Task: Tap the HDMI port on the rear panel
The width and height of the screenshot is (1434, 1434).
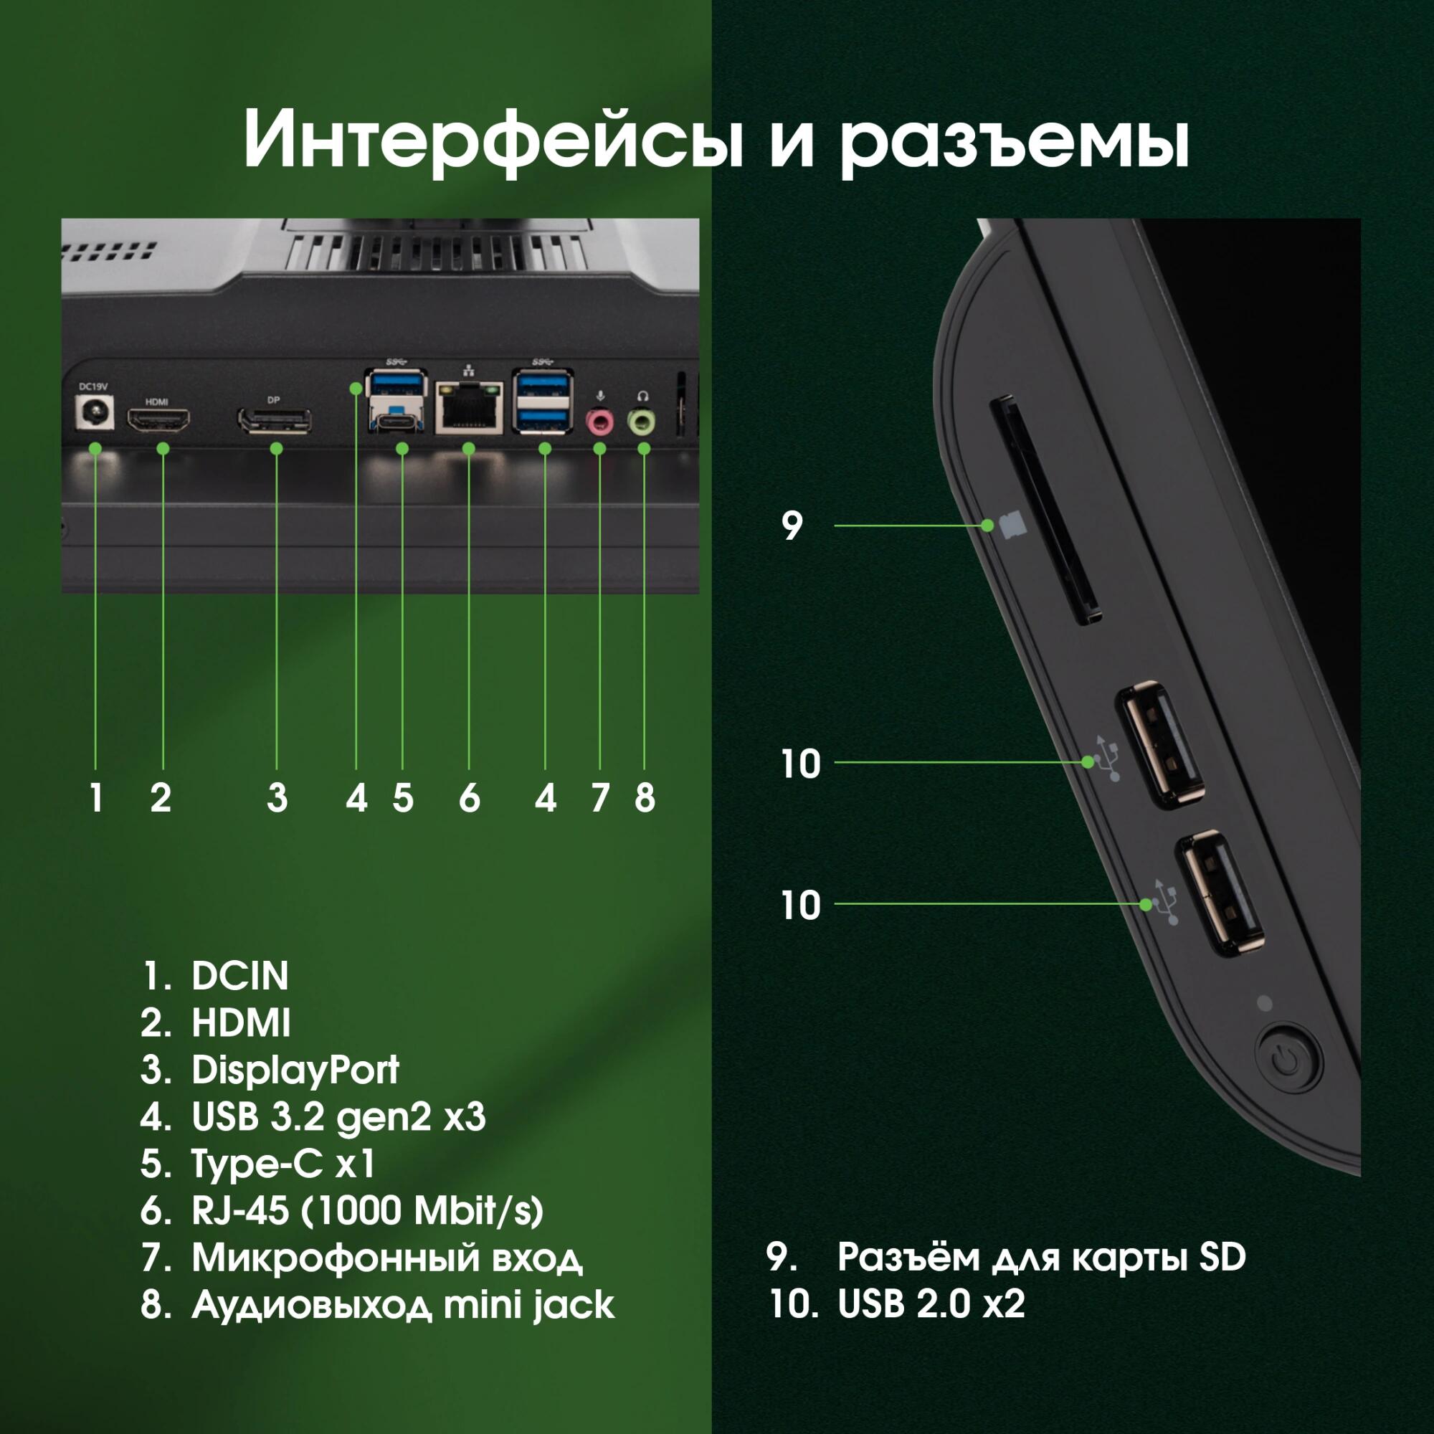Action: [158, 421]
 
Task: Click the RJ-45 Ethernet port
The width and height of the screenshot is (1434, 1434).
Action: [469, 407]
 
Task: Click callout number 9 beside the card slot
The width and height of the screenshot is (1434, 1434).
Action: [792, 526]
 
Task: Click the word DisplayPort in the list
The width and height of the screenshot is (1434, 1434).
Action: [295, 1070]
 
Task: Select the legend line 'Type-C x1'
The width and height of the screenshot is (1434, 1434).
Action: [282, 1164]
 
